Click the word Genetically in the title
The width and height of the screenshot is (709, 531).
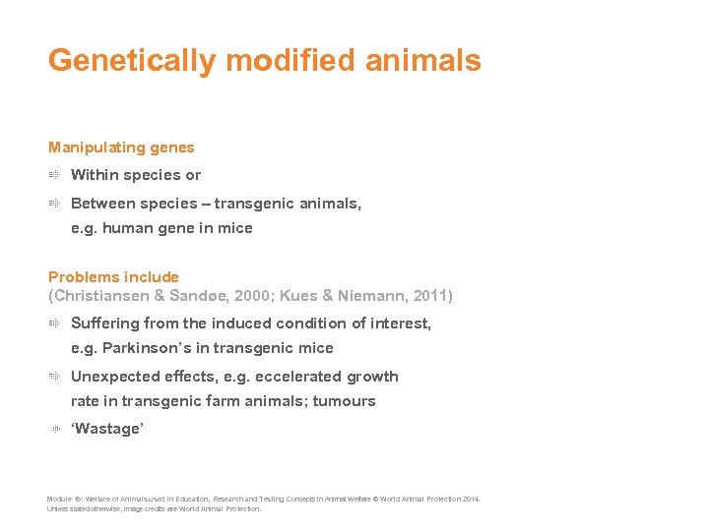[132, 61]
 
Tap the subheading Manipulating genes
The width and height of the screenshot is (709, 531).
[121, 147]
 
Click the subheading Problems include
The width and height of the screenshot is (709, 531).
[113, 277]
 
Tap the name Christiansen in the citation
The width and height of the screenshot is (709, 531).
[97, 296]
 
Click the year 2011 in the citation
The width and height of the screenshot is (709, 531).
[429, 296]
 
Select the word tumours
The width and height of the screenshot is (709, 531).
[344, 401]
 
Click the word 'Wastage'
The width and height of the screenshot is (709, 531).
[107, 430]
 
